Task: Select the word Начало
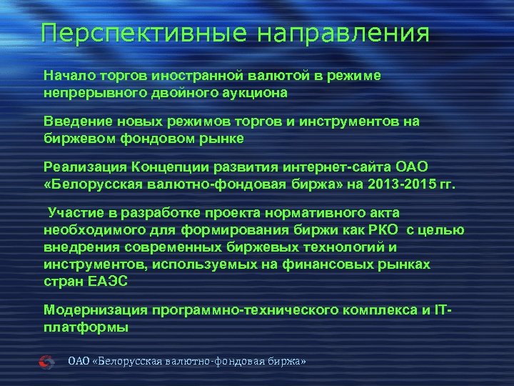click(x=69, y=75)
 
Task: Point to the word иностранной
click(x=212, y=75)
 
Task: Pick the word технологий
click(x=320, y=247)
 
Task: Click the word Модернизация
click(x=96, y=310)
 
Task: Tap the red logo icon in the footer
click(x=46, y=362)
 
